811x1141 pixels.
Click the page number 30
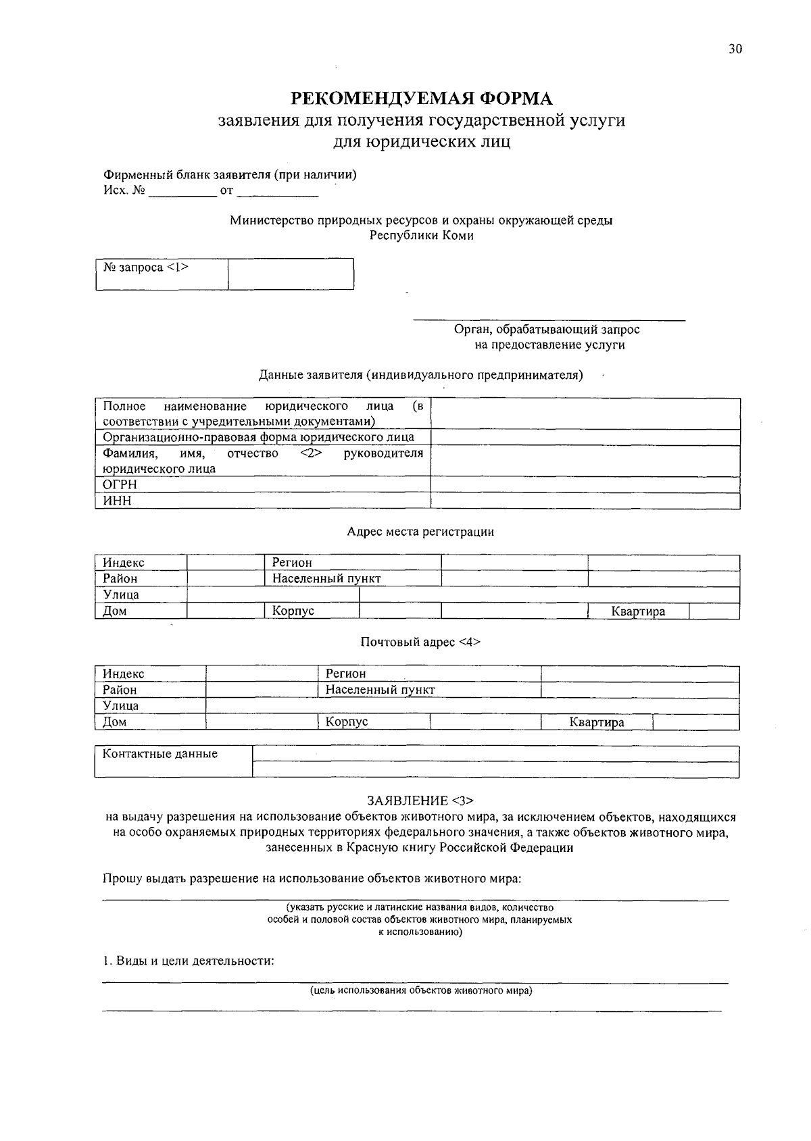(735, 49)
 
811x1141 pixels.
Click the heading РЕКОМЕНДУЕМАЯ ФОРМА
(422, 99)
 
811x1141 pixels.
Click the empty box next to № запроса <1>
(291, 274)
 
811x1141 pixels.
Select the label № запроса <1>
(146, 268)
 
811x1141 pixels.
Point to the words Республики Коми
(422, 236)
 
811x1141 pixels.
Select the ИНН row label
(117, 501)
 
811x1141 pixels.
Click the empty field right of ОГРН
(585, 484)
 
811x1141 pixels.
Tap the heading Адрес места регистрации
(420, 532)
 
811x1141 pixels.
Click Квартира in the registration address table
(638, 611)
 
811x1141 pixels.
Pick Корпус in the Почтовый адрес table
(347, 721)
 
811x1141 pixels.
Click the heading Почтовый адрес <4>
(420, 642)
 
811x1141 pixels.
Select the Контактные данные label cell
(160, 754)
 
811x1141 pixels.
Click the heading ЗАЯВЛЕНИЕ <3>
(420, 801)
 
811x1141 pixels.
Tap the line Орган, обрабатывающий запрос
(547, 330)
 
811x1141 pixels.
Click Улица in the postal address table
(121, 706)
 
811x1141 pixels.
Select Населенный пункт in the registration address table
(326, 579)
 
